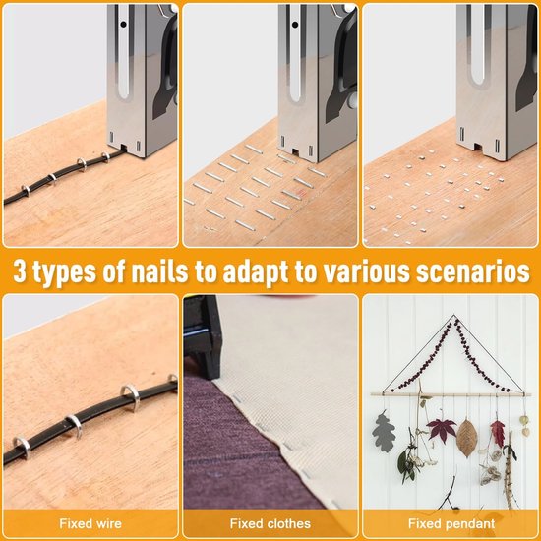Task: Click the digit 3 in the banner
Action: [20, 271]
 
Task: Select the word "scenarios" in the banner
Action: [473, 271]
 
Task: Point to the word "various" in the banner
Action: [367, 271]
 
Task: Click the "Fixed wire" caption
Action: [90, 523]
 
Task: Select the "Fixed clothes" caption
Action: [270, 523]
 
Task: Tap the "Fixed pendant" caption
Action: [451, 523]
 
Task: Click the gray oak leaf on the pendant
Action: [384, 432]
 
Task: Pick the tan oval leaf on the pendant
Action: [466, 439]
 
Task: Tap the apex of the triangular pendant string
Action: [454, 315]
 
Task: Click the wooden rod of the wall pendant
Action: [451, 394]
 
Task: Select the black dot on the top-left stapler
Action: [123, 25]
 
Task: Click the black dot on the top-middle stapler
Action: [295, 25]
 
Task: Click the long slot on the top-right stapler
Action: [477, 46]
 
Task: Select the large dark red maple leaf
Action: [441, 430]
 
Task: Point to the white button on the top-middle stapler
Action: [352, 100]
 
